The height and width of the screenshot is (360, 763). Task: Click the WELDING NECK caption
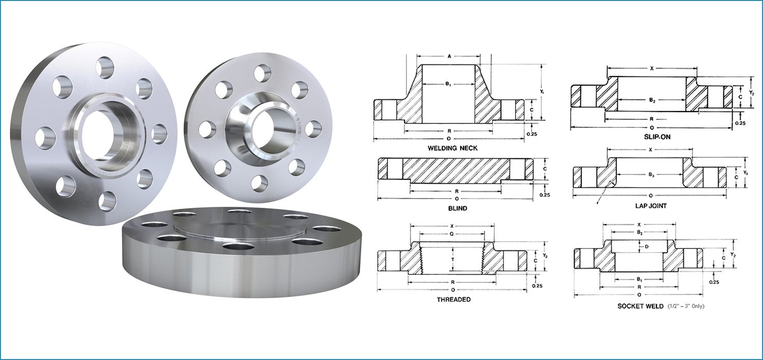(453, 148)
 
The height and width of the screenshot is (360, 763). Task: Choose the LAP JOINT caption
(651, 206)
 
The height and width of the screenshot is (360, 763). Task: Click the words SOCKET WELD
(641, 306)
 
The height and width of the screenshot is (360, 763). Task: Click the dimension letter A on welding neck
(449, 56)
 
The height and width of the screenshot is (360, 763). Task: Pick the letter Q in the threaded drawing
(452, 233)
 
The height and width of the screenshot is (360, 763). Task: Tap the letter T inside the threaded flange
(452, 260)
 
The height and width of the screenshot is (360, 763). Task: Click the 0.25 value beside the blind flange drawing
(545, 195)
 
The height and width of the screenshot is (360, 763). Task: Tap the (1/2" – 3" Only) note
(686, 307)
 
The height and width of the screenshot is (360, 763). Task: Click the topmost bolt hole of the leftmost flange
(105, 67)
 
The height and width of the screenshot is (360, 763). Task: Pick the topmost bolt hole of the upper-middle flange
(262, 73)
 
